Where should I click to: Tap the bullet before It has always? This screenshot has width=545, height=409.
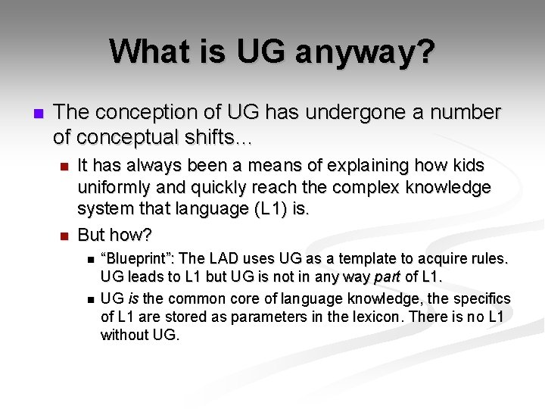click(x=64, y=166)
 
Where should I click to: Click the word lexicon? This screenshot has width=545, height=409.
click(x=376, y=317)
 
